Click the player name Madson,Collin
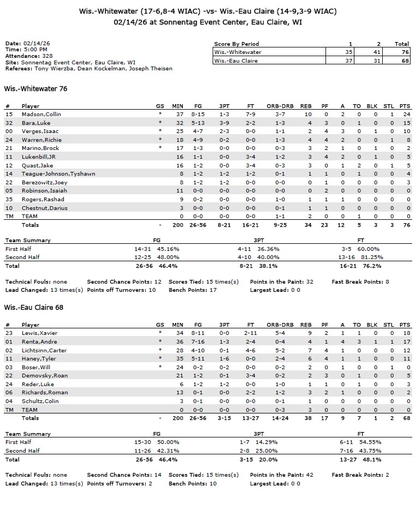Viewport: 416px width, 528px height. [41, 115]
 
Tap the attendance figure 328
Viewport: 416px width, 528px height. [47, 56]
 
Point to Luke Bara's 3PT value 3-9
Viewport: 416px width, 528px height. [224, 123]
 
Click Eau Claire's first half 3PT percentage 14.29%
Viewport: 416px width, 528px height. [267, 442]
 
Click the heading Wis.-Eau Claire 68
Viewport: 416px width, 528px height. [34, 308]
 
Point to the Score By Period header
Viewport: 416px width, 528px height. [236, 44]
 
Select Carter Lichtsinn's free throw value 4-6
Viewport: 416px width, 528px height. [251, 350]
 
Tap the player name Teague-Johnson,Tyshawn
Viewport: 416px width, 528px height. [58, 174]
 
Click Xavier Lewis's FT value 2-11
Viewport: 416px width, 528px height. [250, 333]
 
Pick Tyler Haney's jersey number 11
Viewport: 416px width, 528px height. [9, 359]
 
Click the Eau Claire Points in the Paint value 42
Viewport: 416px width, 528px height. [310, 475]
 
